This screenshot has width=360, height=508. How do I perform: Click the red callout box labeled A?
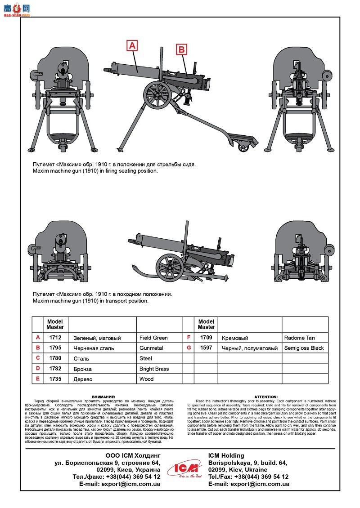(132, 45)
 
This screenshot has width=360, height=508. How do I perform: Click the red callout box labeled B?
(181, 49)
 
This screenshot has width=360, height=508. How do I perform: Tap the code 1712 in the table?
(56, 338)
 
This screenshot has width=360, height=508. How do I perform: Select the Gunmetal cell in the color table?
(151, 348)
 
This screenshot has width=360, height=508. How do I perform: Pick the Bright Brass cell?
(154, 369)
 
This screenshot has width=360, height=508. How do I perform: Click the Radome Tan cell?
(299, 338)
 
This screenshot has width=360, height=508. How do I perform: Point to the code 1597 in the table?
(206, 348)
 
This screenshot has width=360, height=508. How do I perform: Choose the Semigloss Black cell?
(304, 348)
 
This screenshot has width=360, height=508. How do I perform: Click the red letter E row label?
(38, 379)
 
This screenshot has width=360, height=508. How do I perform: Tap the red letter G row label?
(189, 348)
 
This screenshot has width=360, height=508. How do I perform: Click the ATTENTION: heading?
(266, 397)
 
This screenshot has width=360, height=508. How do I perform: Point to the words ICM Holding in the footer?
(226, 455)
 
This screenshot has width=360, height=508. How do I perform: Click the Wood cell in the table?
(146, 379)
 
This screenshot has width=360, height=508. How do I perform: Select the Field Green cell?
(153, 338)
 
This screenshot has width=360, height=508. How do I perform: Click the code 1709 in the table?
(206, 338)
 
